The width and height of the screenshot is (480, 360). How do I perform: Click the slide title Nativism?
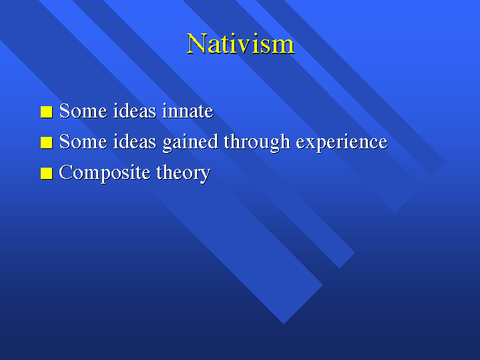(240, 44)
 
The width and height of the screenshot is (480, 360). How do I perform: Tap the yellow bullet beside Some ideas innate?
(47, 112)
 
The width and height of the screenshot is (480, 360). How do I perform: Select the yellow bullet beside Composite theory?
(47, 174)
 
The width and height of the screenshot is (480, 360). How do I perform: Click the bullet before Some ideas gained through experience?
(47, 143)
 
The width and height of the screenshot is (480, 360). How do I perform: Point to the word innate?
(188, 111)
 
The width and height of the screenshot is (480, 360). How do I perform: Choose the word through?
(257, 142)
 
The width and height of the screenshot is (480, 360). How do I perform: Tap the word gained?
(190, 142)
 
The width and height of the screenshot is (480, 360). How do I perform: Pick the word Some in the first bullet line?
(83, 111)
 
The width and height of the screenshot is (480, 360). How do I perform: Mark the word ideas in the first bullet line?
(135, 111)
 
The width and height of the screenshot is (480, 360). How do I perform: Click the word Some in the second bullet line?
(83, 141)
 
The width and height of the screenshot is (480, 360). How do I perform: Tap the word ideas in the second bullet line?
(135, 141)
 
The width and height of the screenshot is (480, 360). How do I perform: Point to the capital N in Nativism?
(196, 44)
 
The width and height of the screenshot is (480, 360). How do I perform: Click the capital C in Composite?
(67, 172)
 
